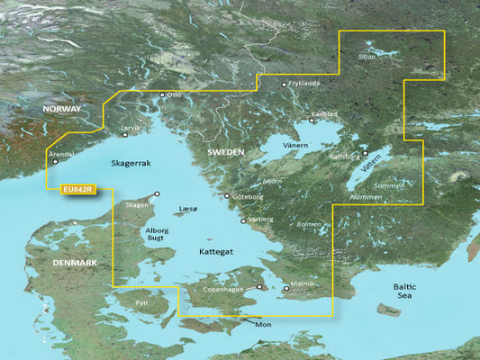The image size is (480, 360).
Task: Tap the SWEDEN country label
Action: (x=225, y=153)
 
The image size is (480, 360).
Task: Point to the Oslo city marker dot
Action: (x=162, y=94)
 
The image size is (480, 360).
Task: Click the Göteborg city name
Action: (x=248, y=195)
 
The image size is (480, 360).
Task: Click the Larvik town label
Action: (x=131, y=128)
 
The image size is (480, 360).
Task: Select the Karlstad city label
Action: (x=326, y=114)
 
